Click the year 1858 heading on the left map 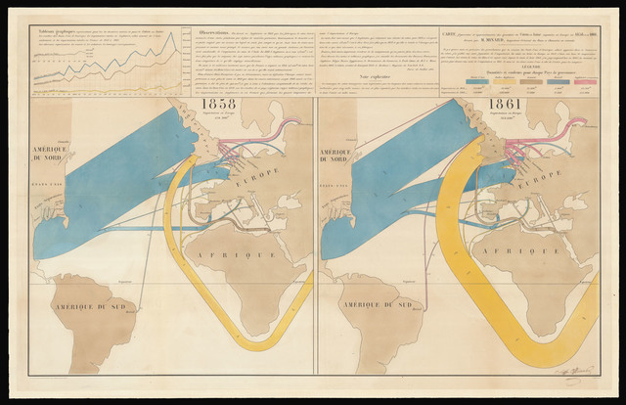click(x=215, y=104)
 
